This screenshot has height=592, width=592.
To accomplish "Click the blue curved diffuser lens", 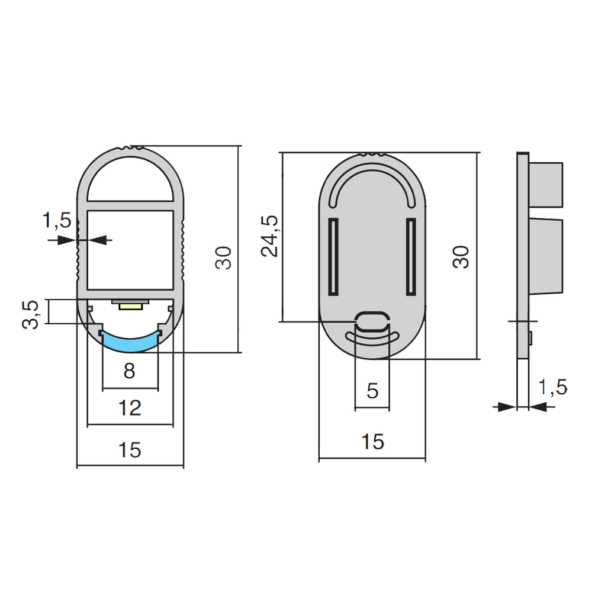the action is click(x=130, y=343).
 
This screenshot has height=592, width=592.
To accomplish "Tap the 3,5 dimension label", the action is click(x=31, y=315).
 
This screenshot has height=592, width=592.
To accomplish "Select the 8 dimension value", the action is click(x=129, y=371).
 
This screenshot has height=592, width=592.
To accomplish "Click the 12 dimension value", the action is click(x=130, y=408).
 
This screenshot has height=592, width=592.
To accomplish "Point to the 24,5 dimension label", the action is click(x=269, y=236).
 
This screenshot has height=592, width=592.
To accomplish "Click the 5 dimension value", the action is click(x=372, y=391).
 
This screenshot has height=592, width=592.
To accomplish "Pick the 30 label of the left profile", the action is click(x=223, y=258).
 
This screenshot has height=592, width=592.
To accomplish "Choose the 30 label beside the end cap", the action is click(x=461, y=257).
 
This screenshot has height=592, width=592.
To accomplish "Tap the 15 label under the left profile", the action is click(x=130, y=450).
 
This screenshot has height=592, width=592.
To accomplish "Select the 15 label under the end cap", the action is click(x=372, y=442).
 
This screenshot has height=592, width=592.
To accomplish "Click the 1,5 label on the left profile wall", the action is click(x=57, y=220).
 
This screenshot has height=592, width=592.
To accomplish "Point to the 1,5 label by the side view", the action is click(x=552, y=387).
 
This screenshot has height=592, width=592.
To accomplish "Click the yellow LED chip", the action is click(x=131, y=307).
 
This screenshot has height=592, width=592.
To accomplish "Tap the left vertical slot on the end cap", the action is click(x=333, y=256).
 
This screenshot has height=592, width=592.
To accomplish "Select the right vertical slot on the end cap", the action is click(x=411, y=256).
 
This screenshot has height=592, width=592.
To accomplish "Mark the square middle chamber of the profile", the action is click(x=130, y=250).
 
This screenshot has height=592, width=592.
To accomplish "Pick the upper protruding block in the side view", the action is click(x=546, y=185).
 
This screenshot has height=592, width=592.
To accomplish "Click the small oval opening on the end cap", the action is click(x=372, y=320).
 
